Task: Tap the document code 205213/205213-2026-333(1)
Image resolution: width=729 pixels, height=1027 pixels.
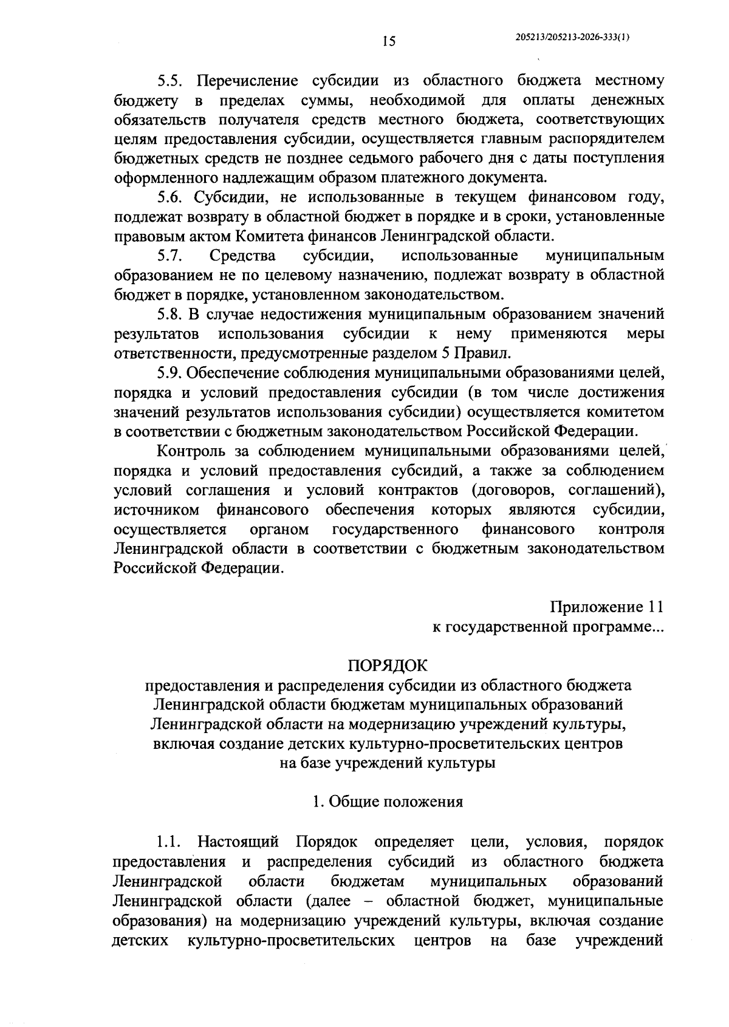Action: coord(572,37)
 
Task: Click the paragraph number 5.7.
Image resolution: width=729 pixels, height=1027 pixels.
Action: coord(169,256)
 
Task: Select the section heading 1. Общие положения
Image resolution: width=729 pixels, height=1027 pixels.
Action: coord(388,802)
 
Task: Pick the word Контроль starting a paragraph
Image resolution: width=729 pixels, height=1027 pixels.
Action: coord(193,451)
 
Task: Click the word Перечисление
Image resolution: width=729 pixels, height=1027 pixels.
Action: coord(246,81)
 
